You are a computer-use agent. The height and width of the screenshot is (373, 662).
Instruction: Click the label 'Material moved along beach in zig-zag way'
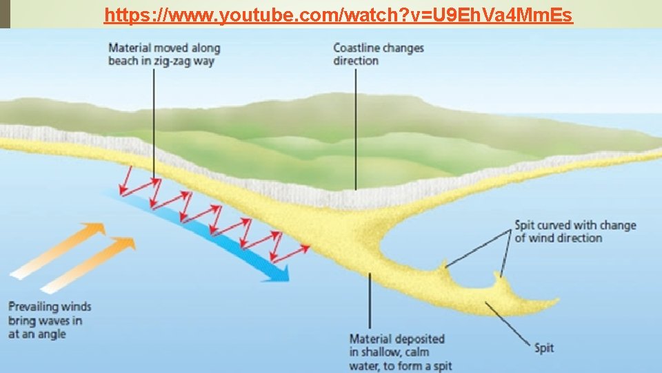pos(164,55)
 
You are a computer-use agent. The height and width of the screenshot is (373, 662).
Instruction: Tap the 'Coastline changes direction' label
pos(378,55)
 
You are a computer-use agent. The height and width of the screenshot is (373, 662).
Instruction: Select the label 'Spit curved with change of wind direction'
pos(574,231)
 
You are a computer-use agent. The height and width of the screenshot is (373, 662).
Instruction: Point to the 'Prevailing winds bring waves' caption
pos(50,320)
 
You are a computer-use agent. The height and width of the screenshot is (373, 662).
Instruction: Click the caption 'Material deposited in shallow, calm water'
pos(400,352)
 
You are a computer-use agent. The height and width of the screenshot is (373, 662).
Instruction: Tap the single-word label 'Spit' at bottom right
pos(544,347)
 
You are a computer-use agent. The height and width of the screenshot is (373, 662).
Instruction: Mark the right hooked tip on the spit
pos(496,278)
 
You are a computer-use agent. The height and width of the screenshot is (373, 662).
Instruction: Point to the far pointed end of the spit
pos(555,302)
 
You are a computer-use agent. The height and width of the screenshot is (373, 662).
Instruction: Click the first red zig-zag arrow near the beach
pos(128,181)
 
